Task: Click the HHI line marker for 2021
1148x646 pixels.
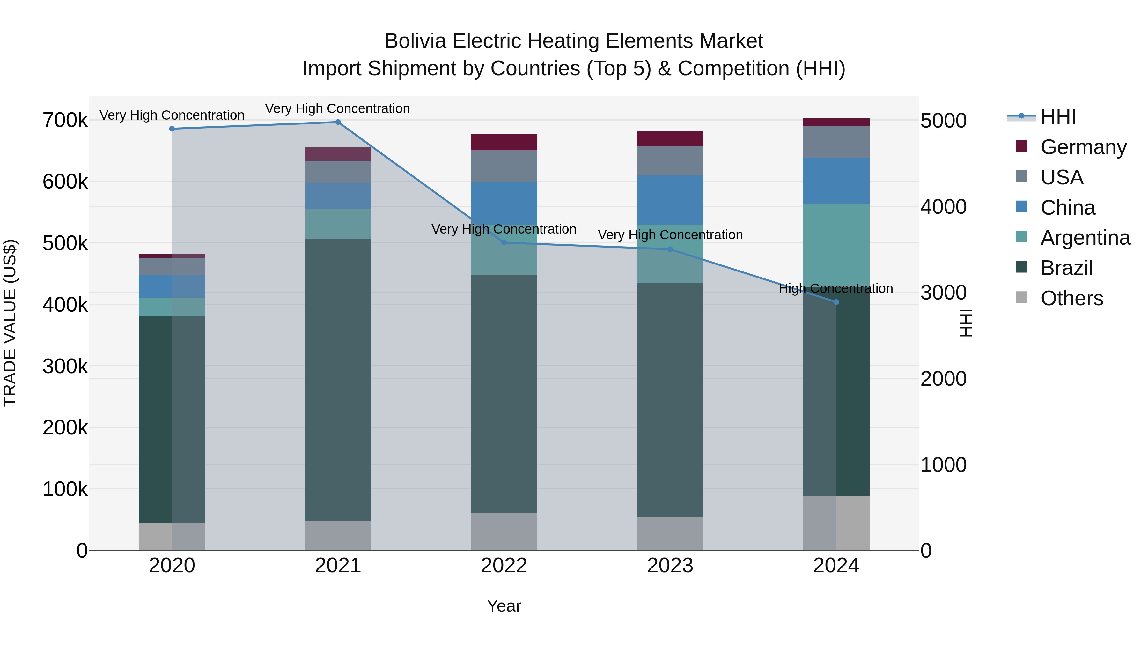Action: pos(338,122)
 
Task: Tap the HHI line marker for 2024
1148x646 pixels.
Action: pos(836,302)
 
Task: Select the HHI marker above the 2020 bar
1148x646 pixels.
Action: pos(172,129)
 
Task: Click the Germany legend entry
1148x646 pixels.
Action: pos(1083,147)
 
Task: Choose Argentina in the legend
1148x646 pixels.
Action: pos(1085,238)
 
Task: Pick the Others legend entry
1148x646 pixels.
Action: pos(1071,298)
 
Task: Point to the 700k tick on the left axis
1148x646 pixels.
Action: pos(65,120)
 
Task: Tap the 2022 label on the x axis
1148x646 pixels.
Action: pos(504,566)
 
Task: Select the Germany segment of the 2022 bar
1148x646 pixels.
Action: pos(504,142)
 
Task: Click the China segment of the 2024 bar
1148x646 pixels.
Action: pos(836,181)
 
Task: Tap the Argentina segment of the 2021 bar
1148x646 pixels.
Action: pos(338,224)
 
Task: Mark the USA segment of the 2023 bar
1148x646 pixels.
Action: pos(670,161)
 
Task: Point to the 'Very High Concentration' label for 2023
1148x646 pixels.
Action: pos(670,235)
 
